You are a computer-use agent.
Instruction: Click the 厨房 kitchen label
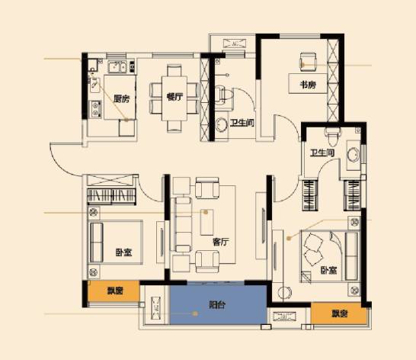tap(121, 99)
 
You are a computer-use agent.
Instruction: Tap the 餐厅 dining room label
tap(174, 97)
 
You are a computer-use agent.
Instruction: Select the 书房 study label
tap(308, 85)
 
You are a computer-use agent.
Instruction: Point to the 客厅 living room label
tap(220, 242)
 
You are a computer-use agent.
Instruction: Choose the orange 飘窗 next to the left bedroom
tap(114, 291)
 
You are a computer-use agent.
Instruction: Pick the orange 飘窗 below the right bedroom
tap(339, 313)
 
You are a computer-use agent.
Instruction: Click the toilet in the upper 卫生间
tap(224, 95)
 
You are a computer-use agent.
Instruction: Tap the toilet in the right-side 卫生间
tap(332, 136)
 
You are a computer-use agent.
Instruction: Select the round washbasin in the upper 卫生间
tap(221, 125)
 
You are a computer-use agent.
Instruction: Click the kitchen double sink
tap(118, 66)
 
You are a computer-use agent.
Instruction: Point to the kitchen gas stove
tap(95, 109)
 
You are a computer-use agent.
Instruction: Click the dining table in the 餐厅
tap(174, 98)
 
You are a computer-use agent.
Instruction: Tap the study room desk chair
tap(308, 62)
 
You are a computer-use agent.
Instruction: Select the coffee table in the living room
tap(207, 222)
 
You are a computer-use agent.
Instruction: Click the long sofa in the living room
tap(181, 224)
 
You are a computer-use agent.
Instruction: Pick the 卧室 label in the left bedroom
tap(123, 252)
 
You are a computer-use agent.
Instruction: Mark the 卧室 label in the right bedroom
tap(328, 270)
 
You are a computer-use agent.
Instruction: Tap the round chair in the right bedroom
tap(284, 293)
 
